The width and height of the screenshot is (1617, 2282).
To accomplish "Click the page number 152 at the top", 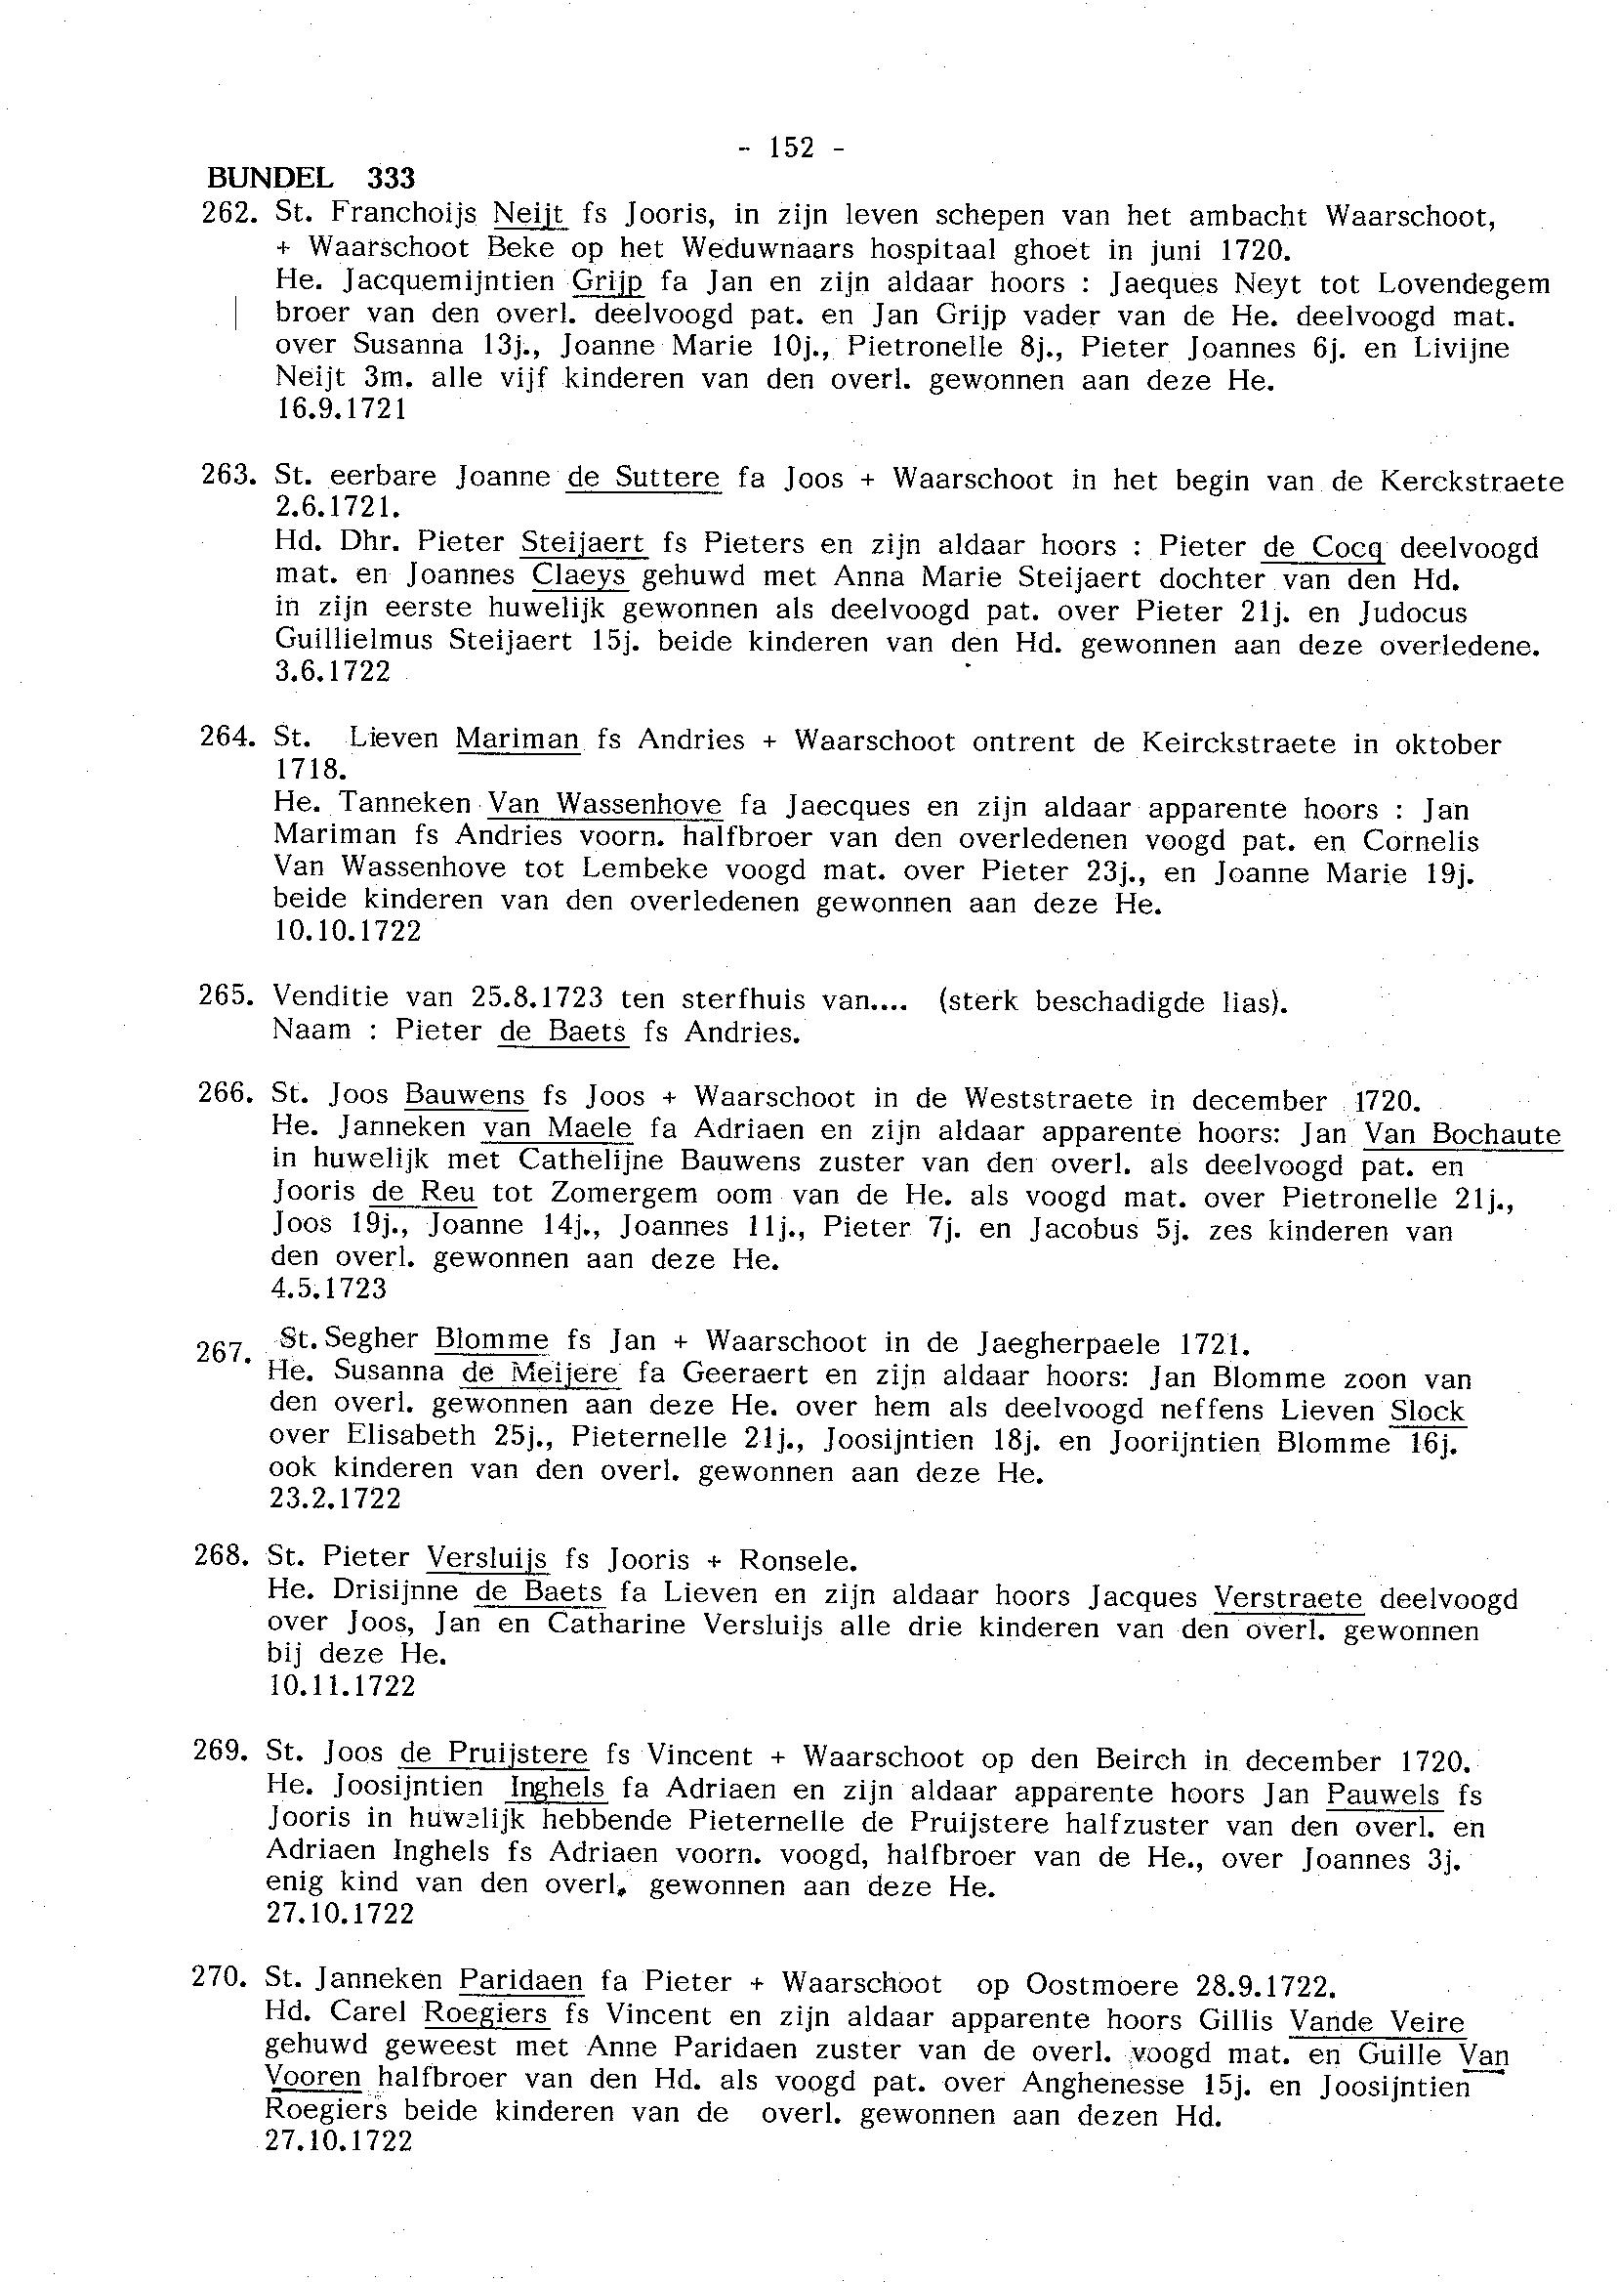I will coord(793,148).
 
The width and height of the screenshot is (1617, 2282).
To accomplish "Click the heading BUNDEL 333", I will coord(310,179).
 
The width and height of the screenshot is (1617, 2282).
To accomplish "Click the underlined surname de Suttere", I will coord(643,477).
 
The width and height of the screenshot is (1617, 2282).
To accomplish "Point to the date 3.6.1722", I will coord(332,671).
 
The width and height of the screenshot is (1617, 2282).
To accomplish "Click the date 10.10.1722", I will coord(347,931).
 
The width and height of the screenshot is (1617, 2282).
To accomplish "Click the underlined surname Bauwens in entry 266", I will coord(465,1096).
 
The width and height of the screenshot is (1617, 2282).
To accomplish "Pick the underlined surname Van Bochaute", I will coord(1462,1133).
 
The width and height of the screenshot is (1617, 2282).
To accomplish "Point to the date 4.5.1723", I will coord(329,1288).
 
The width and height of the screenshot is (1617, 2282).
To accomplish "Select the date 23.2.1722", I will coord(336,1499).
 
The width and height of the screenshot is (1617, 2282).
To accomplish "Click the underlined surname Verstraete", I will coord(1287,1599).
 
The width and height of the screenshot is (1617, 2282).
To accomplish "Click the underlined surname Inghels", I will coord(557,1788).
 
